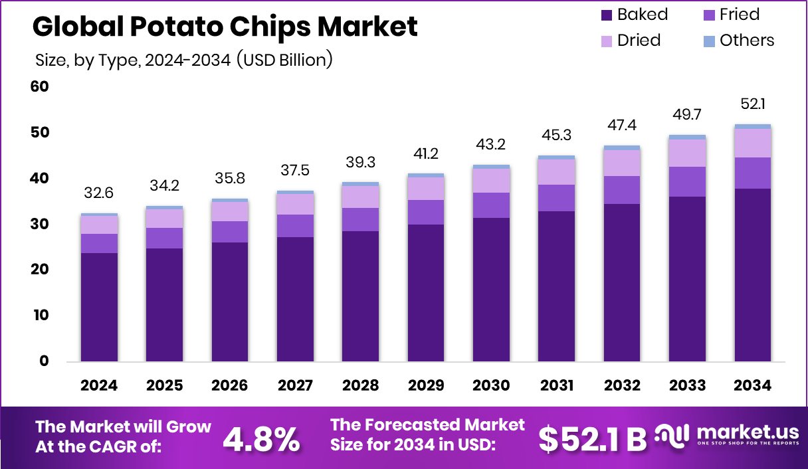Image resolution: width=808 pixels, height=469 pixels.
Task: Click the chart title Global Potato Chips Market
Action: coord(225,27)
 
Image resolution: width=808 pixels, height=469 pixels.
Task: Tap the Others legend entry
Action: coord(738,41)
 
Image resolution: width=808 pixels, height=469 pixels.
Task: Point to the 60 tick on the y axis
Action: coord(40,86)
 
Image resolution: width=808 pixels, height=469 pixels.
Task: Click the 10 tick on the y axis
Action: coord(40,315)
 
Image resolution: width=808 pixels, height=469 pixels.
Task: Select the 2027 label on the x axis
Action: coord(295,386)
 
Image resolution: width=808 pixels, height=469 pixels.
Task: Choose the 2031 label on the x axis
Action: coord(555,386)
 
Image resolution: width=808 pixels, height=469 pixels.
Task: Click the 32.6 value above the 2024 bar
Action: coord(100,193)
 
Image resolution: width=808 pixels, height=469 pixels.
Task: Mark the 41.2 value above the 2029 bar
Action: coord(425,154)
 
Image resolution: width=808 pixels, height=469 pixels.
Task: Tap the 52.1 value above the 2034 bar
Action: coord(752,104)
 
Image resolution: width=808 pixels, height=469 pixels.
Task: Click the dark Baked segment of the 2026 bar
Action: coord(230,302)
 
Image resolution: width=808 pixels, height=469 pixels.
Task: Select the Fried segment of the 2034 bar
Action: coord(752,173)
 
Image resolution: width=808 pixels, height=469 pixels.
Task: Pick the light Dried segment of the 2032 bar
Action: coord(621,163)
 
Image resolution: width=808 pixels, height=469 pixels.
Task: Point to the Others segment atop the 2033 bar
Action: coord(686,137)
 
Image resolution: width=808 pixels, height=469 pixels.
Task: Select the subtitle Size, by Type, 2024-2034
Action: coord(183,60)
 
